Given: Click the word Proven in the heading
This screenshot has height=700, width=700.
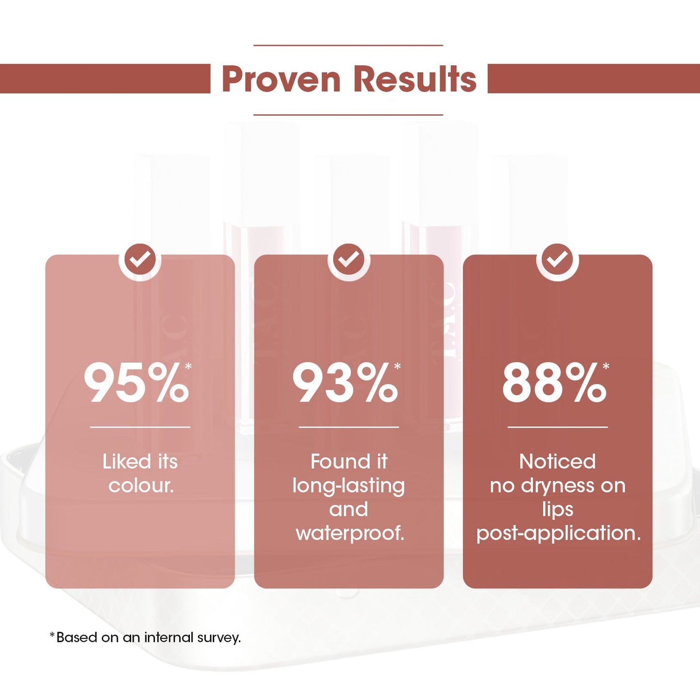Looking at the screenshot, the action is coord(281,79).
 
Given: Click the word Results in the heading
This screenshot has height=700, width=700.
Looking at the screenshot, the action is coord(415,79).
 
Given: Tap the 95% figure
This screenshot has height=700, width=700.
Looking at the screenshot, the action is coord(137,384).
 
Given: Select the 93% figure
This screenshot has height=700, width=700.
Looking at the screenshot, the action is coord(345,384).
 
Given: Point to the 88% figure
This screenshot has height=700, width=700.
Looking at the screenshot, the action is coord(554,384).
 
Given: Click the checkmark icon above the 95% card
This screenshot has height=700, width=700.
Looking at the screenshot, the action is coord(140,260).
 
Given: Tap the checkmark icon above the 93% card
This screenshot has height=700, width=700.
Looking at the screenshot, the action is coord(349,260).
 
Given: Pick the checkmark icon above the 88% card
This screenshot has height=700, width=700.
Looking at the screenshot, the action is coord(558,260).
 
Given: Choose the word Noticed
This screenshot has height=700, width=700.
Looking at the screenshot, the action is coord(558,462).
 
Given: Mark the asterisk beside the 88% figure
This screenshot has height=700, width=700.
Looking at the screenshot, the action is coord(606,366).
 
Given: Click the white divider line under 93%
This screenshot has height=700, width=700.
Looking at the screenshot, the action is coord(349,427).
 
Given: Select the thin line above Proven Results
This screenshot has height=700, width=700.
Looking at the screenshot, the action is coord(348,46).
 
